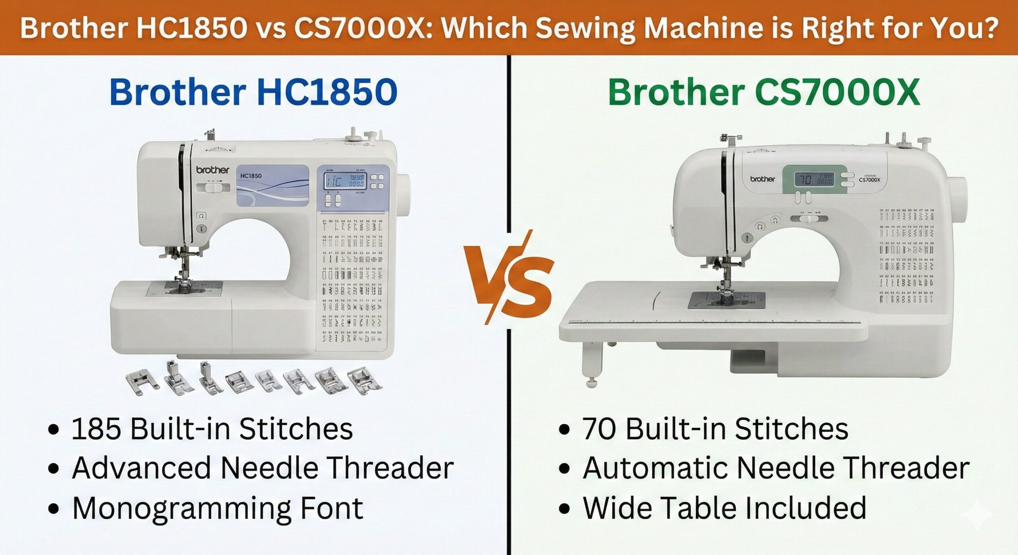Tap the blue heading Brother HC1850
(x=253, y=92)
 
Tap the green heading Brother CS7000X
(x=764, y=92)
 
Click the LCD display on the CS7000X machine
(x=814, y=180)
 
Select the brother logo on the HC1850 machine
(x=213, y=170)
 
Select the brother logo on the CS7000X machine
(x=762, y=179)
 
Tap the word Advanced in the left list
(x=141, y=468)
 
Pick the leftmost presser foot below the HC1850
(x=138, y=382)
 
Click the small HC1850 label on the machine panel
(x=251, y=175)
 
